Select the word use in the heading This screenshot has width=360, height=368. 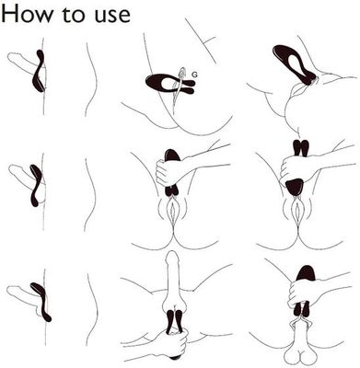[112, 16]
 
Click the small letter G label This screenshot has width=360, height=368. [194, 75]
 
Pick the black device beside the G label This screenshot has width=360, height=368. [169, 84]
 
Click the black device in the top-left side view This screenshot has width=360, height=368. [40, 71]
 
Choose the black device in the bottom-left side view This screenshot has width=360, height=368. [41, 302]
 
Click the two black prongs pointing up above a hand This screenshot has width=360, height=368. [301, 148]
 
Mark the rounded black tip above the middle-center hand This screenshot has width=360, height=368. [172, 155]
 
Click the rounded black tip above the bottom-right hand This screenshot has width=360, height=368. [305, 273]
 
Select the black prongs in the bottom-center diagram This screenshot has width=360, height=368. [174, 322]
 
